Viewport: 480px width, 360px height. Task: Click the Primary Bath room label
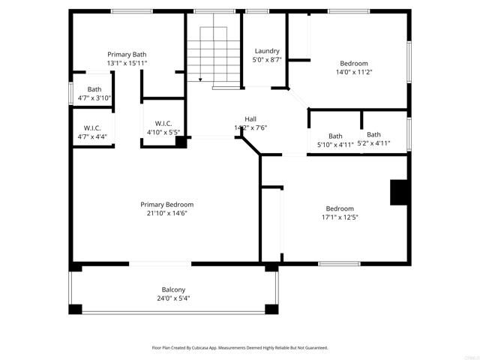point(127,54)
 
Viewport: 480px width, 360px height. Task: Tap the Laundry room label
point(267,50)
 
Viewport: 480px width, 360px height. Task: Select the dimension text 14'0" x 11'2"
point(354,72)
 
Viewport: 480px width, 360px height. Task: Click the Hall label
point(250,118)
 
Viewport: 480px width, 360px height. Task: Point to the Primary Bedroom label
point(167,204)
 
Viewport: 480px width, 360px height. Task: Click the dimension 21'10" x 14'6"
point(167,213)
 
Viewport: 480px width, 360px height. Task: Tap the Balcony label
point(173,289)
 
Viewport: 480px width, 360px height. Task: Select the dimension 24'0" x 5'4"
point(173,298)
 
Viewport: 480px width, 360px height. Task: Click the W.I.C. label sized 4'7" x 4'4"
point(92,127)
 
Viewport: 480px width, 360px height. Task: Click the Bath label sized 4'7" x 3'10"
point(94,89)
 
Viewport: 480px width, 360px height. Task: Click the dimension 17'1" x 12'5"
point(340,217)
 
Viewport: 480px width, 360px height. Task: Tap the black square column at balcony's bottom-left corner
point(75,308)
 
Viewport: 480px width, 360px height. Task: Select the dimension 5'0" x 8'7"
point(267,59)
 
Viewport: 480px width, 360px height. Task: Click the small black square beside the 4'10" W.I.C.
point(180,140)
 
